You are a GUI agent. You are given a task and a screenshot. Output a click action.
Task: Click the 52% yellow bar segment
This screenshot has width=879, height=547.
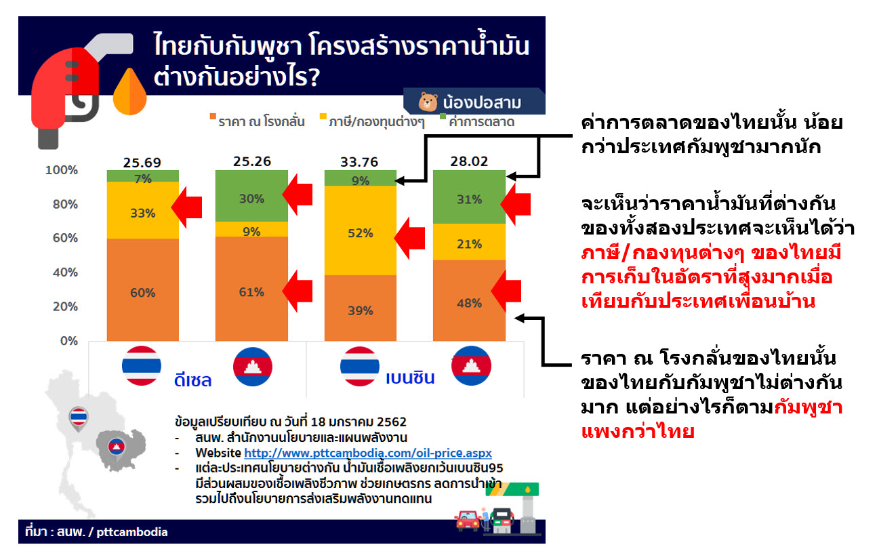pos(361,230)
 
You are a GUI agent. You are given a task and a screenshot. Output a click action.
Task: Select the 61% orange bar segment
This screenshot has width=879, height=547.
pos(251,288)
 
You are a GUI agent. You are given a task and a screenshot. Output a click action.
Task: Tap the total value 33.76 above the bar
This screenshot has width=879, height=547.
pos(359,162)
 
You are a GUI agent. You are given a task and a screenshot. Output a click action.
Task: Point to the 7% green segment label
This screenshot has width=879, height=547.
pos(143,179)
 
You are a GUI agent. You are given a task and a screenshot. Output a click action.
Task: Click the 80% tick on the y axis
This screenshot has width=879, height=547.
pos(65,204)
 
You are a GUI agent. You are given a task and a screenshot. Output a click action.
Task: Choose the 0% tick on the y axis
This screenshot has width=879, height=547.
pos(68,340)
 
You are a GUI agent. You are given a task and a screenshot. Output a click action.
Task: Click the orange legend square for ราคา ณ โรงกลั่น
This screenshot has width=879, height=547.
pos(213,116)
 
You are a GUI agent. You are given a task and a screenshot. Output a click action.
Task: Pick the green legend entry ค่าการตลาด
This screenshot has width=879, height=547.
pos(477,121)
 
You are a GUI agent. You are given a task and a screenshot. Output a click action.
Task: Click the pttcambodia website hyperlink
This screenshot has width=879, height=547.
pos(368,453)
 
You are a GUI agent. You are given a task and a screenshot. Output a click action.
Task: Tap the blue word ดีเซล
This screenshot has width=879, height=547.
pos(192,380)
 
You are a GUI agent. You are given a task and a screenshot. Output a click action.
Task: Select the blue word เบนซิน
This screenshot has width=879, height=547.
pos(410,378)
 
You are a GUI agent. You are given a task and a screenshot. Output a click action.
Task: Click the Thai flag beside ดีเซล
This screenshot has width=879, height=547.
pos(141,366)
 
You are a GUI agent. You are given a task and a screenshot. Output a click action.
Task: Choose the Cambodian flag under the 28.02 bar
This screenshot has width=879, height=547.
pos(471,366)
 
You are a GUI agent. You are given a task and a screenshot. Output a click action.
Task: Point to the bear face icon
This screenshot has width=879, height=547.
pos(428,102)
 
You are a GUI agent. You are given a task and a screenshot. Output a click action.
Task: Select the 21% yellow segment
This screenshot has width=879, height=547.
pos(469,242)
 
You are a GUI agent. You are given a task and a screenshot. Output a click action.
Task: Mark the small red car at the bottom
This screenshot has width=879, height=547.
pos(468,520)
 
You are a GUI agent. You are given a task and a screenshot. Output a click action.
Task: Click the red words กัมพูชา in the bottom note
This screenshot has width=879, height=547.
pos(808,407)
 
